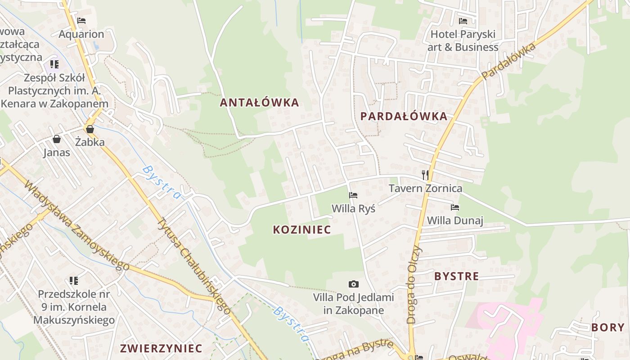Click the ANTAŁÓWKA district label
(259, 103)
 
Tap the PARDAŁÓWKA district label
(404, 117)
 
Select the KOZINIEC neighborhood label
(302, 229)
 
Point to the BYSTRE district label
(456, 276)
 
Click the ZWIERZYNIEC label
(161, 348)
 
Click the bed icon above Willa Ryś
(353, 195)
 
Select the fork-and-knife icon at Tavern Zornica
(425, 175)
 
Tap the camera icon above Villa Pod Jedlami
(354, 284)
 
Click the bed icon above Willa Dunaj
(455, 207)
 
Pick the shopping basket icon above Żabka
(90, 129)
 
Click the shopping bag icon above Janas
(57, 139)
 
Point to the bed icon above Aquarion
(81, 21)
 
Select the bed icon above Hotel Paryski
(463, 21)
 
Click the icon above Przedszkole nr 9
(74, 281)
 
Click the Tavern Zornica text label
(425, 188)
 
